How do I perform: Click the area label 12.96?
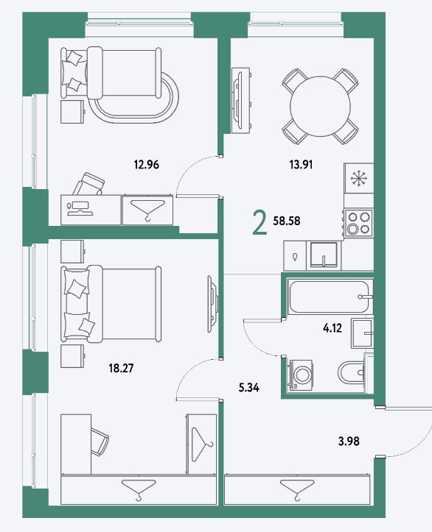[x=147, y=165]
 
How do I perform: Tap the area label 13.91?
[x=301, y=165]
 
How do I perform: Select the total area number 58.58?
[x=287, y=221]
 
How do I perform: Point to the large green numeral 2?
[x=259, y=222]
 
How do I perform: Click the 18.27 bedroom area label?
[x=121, y=368]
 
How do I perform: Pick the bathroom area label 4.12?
[x=332, y=328]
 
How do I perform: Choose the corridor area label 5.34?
[x=248, y=388]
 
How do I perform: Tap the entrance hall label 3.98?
[x=349, y=441]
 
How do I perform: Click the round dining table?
[x=320, y=107]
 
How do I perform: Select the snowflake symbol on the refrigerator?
[x=358, y=179]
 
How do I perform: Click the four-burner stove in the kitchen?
[x=359, y=223]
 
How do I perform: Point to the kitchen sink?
[x=323, y=255]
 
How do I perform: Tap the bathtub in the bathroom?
[x=330, y=297]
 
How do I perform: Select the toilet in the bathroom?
[x=352, y=373]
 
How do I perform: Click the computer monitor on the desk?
[x=80, y=208]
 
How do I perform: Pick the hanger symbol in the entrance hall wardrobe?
[x=296, y=489]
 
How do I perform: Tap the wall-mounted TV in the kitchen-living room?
[x=240, y=100]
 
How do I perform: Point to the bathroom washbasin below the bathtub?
[x=362, y=333]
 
